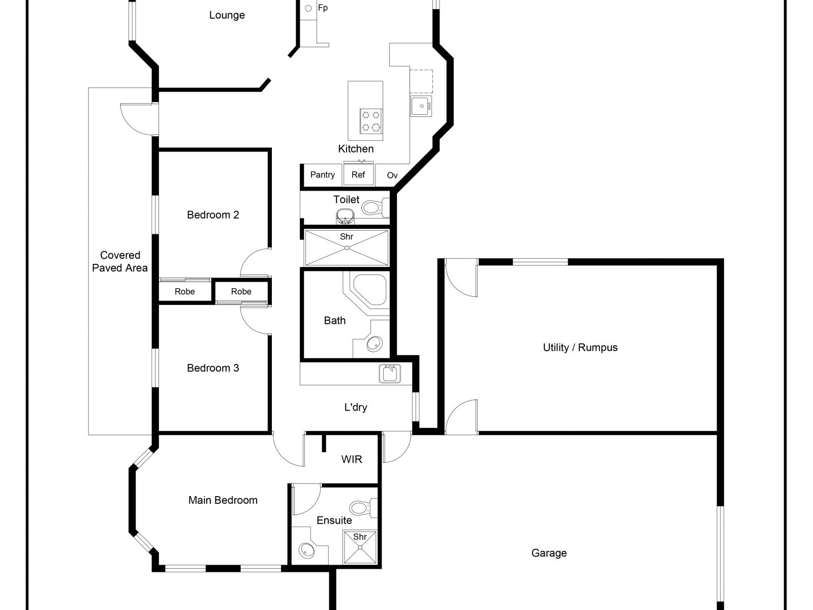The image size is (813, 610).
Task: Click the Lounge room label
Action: point(227,15)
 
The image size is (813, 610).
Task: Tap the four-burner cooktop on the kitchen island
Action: point(371,121)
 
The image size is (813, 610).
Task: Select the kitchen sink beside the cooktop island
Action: point(421,106)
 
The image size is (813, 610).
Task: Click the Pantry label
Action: point(323,175)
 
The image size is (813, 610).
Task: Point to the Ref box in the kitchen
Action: point(358,175)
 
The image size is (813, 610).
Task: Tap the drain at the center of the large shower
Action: point(347,248)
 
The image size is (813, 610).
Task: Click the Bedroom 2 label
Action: point(213,215)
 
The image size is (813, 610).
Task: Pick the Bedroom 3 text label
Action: point(213,368)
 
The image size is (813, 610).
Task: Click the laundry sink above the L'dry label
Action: point(390,374)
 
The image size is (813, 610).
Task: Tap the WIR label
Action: point(352,460)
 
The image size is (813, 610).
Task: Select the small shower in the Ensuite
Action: point(360,547)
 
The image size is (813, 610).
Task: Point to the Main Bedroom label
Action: point(223,500)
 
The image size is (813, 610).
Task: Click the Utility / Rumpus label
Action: point(580,348)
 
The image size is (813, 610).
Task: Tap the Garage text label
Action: point(549,553)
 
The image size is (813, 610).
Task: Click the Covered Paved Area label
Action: point(120,261)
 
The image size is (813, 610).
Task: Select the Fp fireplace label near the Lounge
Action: point(323,8)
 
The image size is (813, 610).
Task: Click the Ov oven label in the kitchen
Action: point(392,175)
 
